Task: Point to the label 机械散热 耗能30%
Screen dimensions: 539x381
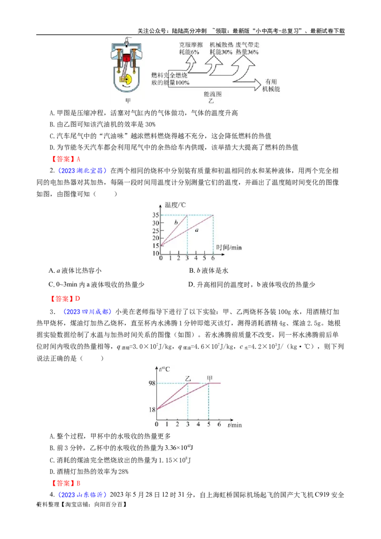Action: (221, 48)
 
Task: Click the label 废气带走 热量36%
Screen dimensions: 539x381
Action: (248, 48)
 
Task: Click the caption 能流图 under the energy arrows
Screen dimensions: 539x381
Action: (212, 94)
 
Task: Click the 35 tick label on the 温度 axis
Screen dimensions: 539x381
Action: (155, 215)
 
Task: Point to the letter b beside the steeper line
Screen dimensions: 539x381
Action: (176, 222)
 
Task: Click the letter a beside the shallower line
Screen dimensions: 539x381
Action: (197, 230)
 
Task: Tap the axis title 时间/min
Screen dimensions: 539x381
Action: (230, 248)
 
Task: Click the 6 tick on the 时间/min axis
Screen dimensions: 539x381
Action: (213, 258)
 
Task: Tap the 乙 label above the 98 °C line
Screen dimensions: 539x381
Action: (188, 379)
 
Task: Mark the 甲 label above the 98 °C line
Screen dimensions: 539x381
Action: (209, 379)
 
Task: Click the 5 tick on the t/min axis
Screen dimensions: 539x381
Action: (209, 424)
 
